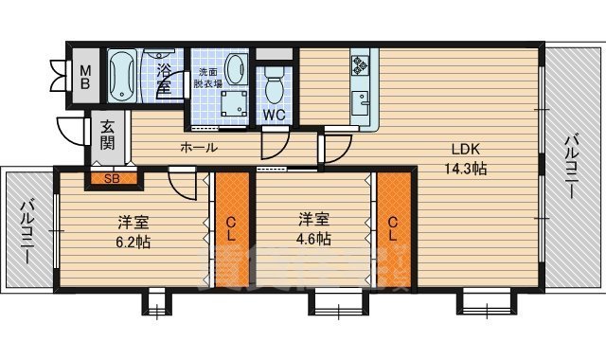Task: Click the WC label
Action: pos(275,115)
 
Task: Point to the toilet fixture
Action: pos(275,87)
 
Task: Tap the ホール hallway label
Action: pos(198,147)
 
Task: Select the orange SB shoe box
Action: pos(111,177)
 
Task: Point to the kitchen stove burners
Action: pos(361,65)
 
